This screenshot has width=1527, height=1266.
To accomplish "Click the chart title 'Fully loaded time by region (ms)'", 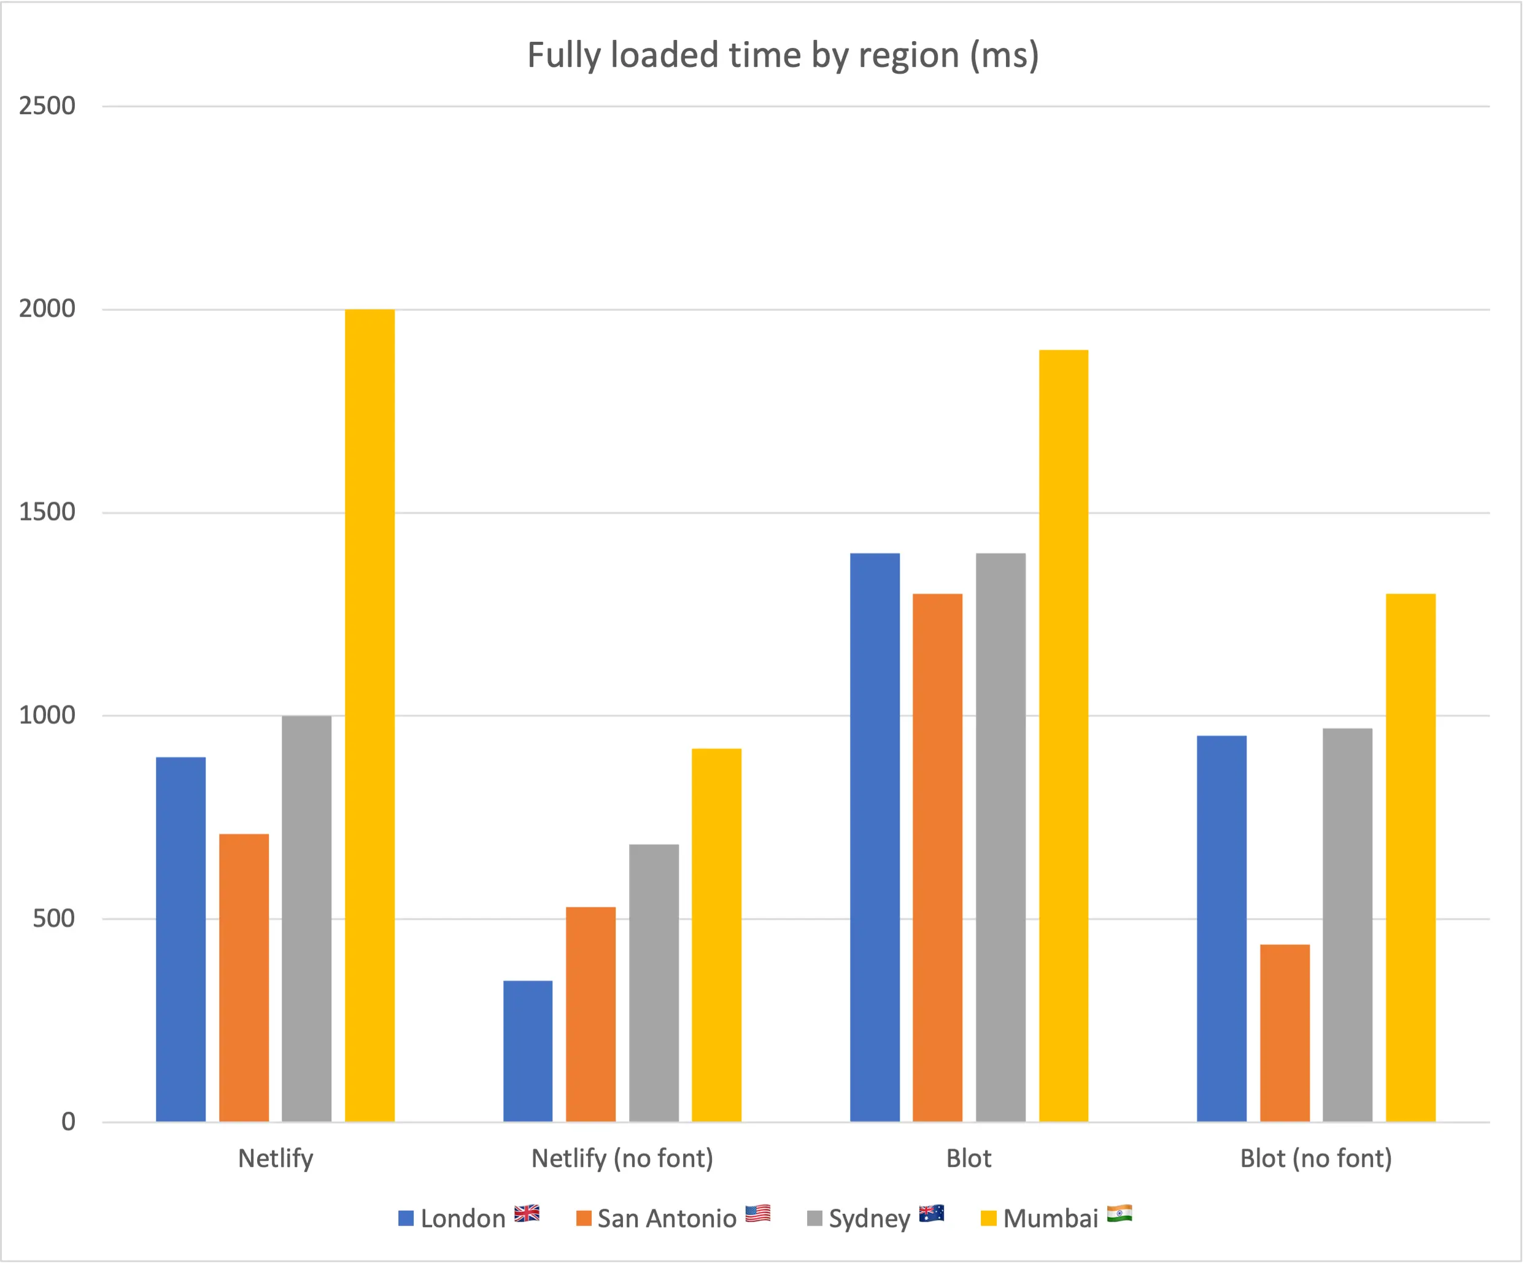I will tap(783, 55).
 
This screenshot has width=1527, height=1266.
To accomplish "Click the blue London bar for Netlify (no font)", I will tap(528, 1050).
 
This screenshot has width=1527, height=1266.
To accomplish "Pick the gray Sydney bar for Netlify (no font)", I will tap(654, 982).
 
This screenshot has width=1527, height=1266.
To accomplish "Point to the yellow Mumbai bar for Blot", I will tap(1063, 735).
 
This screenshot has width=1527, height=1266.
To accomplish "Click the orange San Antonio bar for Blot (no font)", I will tap(1285, 1033).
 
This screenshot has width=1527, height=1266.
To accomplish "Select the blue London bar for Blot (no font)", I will tap(1221, 928).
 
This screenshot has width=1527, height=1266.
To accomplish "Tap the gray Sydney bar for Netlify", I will tap(307, 918).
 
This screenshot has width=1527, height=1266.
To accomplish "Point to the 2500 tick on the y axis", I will tap(47, 106).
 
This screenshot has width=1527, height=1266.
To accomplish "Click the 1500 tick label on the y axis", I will tap(47, 512).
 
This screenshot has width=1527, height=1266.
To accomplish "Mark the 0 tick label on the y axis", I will tap(68, 1121).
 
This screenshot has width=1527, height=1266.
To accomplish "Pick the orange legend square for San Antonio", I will tap(583, 1218).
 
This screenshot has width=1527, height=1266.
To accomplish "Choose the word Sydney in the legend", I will tap(870, 1219).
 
